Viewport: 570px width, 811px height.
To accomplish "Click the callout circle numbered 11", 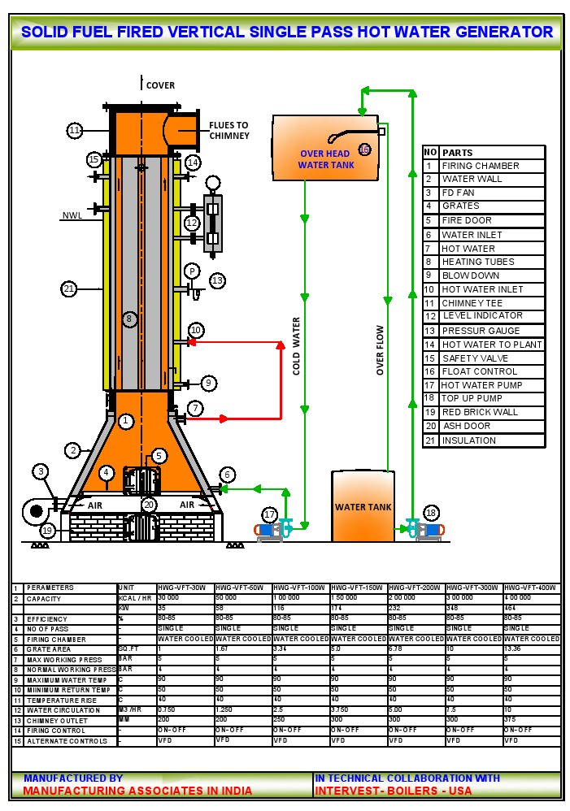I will pos(75,130).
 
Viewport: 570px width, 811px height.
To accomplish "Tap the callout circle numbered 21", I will pos(69,288).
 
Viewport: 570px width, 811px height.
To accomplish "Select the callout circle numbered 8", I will pos(128,319).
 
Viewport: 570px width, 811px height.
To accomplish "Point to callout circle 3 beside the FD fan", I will pos(41,471).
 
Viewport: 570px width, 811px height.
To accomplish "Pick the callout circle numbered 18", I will pos(431,513).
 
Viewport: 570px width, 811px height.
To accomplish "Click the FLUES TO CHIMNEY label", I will pos(229,130).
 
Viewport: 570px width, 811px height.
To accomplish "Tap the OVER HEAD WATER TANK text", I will pos(325,159).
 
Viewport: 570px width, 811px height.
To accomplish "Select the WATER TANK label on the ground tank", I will pos(363,507).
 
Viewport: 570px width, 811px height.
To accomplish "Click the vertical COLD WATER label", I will pos(297,345).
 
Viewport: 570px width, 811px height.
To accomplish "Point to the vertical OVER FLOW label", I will pos(380,350).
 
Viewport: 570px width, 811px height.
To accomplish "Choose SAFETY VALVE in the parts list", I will pos(475,358).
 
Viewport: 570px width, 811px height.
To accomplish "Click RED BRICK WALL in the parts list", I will pos(479,412).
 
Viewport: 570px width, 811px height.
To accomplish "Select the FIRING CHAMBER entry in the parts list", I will pos(480,166).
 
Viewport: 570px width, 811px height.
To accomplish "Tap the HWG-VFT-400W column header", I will pos(532,588).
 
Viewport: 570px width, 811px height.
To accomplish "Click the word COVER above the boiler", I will pos(160,85).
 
